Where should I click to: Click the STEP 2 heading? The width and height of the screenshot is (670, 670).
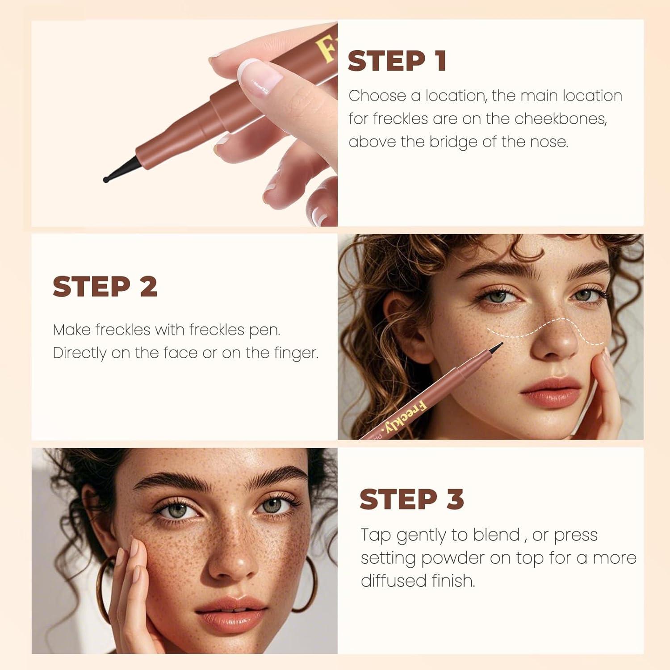[x=105, y=286]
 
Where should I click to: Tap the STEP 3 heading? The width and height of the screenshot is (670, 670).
[x=411, y=499]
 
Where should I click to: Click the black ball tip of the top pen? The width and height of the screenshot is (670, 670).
[x=106, y=180]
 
